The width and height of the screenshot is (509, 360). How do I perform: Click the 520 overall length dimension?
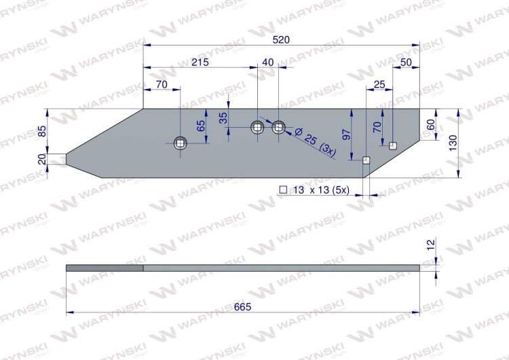click(281, 40)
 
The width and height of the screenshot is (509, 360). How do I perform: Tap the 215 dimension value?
click(200, 62)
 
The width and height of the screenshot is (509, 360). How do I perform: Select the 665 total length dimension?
click(242, 307)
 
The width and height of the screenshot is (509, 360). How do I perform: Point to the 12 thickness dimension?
click(431, 245)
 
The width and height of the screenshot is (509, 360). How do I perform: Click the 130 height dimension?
click(453, 143)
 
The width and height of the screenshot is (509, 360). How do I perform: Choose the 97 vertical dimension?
click(346, 135)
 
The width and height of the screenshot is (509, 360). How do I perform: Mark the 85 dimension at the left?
click(42, 131)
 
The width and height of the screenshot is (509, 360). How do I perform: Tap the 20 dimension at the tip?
click(42, 159)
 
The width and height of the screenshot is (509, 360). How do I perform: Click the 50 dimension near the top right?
click(406, 62)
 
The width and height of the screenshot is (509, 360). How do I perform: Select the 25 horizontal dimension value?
click(379, 84)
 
